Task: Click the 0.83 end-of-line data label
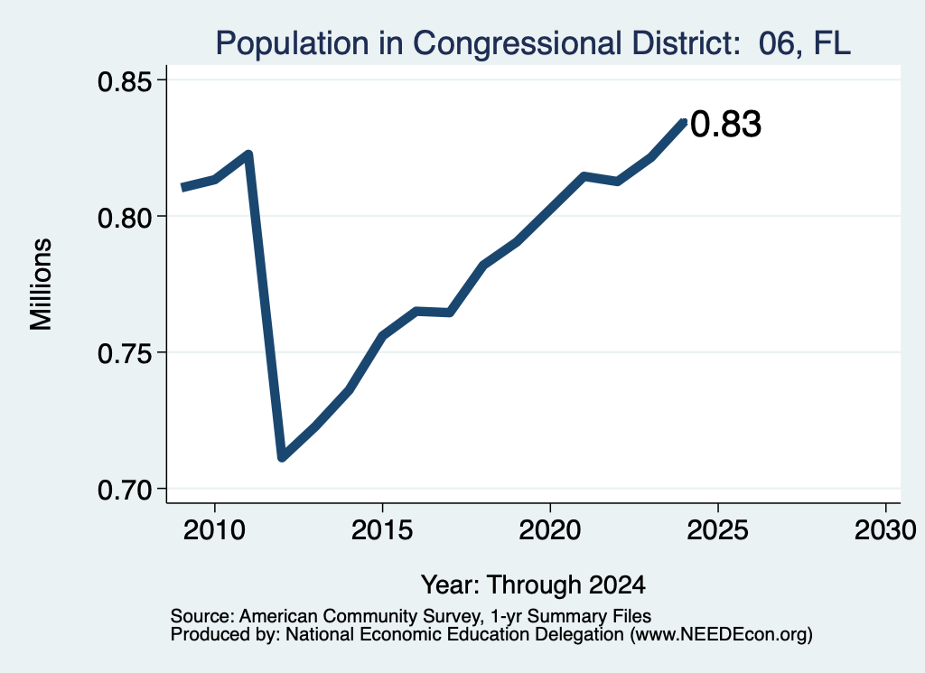(725, 125)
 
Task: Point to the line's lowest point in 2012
(282, 457)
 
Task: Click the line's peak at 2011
(248, 154)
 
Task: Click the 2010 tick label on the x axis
(214, 530)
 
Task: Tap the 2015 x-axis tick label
(382, 530)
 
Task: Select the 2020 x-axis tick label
(550, 530)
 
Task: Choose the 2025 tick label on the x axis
(718, 530)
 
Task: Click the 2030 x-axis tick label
(885, 530)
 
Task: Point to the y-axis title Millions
(41, 285)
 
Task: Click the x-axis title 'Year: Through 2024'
(533, 585)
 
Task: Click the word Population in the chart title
(293, 43)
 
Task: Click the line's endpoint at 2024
(685, 122)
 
